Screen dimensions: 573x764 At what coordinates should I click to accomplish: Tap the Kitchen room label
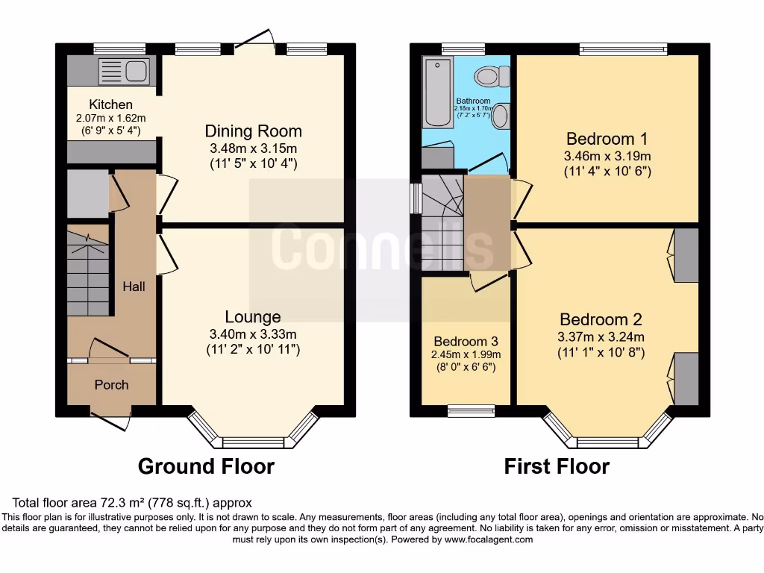[110, 104]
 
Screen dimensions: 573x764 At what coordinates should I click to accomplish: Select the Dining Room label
[253, 131]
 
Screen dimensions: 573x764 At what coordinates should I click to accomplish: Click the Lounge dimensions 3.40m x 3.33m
[253, 334]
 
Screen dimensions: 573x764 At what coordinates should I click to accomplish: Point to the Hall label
[134, 286]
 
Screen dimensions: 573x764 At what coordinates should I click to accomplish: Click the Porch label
[111, 385]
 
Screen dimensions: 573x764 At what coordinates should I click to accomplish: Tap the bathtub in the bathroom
[433, 92]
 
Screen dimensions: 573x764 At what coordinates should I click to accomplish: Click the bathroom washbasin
[501, 116]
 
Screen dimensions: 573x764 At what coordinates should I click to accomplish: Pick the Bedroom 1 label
[607, 139]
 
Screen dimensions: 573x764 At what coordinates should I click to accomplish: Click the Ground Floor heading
[207, 467]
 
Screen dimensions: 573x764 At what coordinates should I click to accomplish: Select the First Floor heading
[557, 467]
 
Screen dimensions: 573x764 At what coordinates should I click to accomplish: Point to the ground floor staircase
[88, 273]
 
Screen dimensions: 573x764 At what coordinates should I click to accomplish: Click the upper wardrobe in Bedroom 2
[686, 255]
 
